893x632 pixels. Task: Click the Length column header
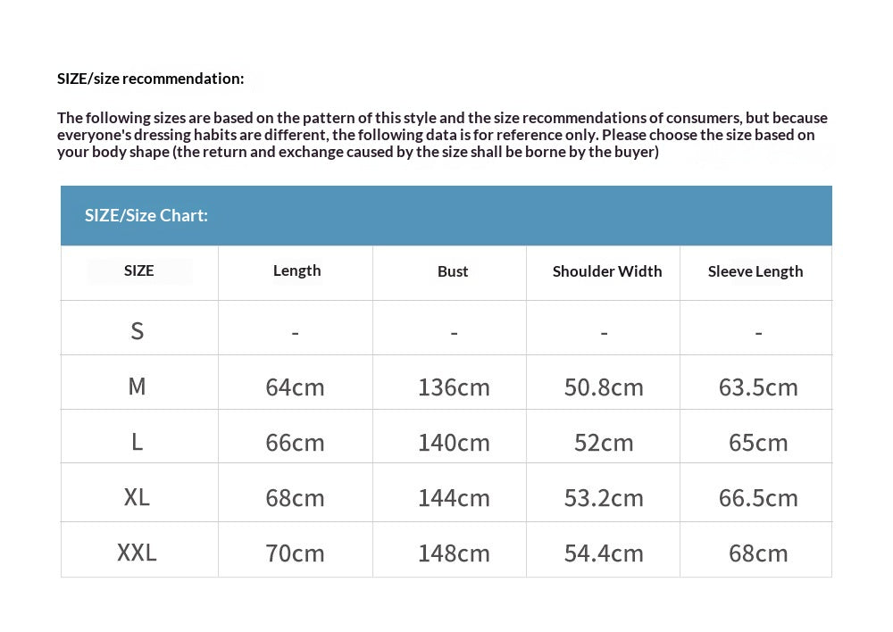[x=296, y=270]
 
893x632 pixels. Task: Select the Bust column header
[x=453, y=271]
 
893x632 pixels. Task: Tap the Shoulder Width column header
[x=607, y=271]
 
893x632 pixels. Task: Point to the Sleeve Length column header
[x=755, y=271]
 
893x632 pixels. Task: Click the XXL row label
[x=137, y=553]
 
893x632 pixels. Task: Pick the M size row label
[x=137, y=387]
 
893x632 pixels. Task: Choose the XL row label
[x=137, y=497]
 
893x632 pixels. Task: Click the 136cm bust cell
[x=454, y=387]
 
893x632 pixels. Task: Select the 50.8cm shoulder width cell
[x=604, y=387]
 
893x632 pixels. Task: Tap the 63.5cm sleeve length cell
[x=758, y=387]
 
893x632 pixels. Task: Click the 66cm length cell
[x=295, y=443]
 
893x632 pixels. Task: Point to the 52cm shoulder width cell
[x=604, y=443]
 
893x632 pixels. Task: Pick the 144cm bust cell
[x=454, y=498]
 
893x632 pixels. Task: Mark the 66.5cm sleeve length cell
[x=758, y=498]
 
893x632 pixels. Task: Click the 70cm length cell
[x=295, y=553]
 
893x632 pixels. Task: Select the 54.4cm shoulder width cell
[x=604, y=553]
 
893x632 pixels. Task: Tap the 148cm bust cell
[x=454, y=553]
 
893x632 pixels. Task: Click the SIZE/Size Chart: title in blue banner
[x=146, y=215]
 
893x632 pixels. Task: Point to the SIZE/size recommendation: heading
[x=150, y=79]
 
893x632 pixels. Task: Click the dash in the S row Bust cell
[x=454, y=334]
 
